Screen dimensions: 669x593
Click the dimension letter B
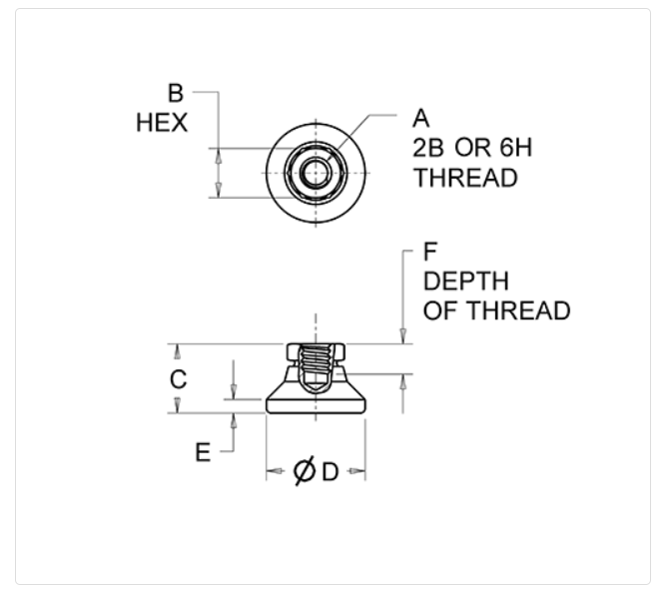[x=176, y=93]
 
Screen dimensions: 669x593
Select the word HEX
[x=162, y=123]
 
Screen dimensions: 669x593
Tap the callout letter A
[x=420, y=118]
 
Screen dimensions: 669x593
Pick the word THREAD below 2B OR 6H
[x=466, y=178]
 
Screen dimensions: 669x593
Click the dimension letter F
[x=430, y=252]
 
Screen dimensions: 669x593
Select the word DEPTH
[x=466, y=282]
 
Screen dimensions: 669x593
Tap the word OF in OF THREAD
[x=441, y=310]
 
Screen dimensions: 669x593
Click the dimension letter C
[x=178, y=379]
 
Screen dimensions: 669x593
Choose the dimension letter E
[x=203, y=452]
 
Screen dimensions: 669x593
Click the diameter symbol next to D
[x=305, y=471]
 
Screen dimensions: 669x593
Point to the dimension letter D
[x=331, y=472]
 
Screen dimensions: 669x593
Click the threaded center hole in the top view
[x=316, y=173]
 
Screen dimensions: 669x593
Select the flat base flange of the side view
[x=316, y=405]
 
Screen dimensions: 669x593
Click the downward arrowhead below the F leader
[x=402, y=335]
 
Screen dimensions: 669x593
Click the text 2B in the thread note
[x=428, y=148]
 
